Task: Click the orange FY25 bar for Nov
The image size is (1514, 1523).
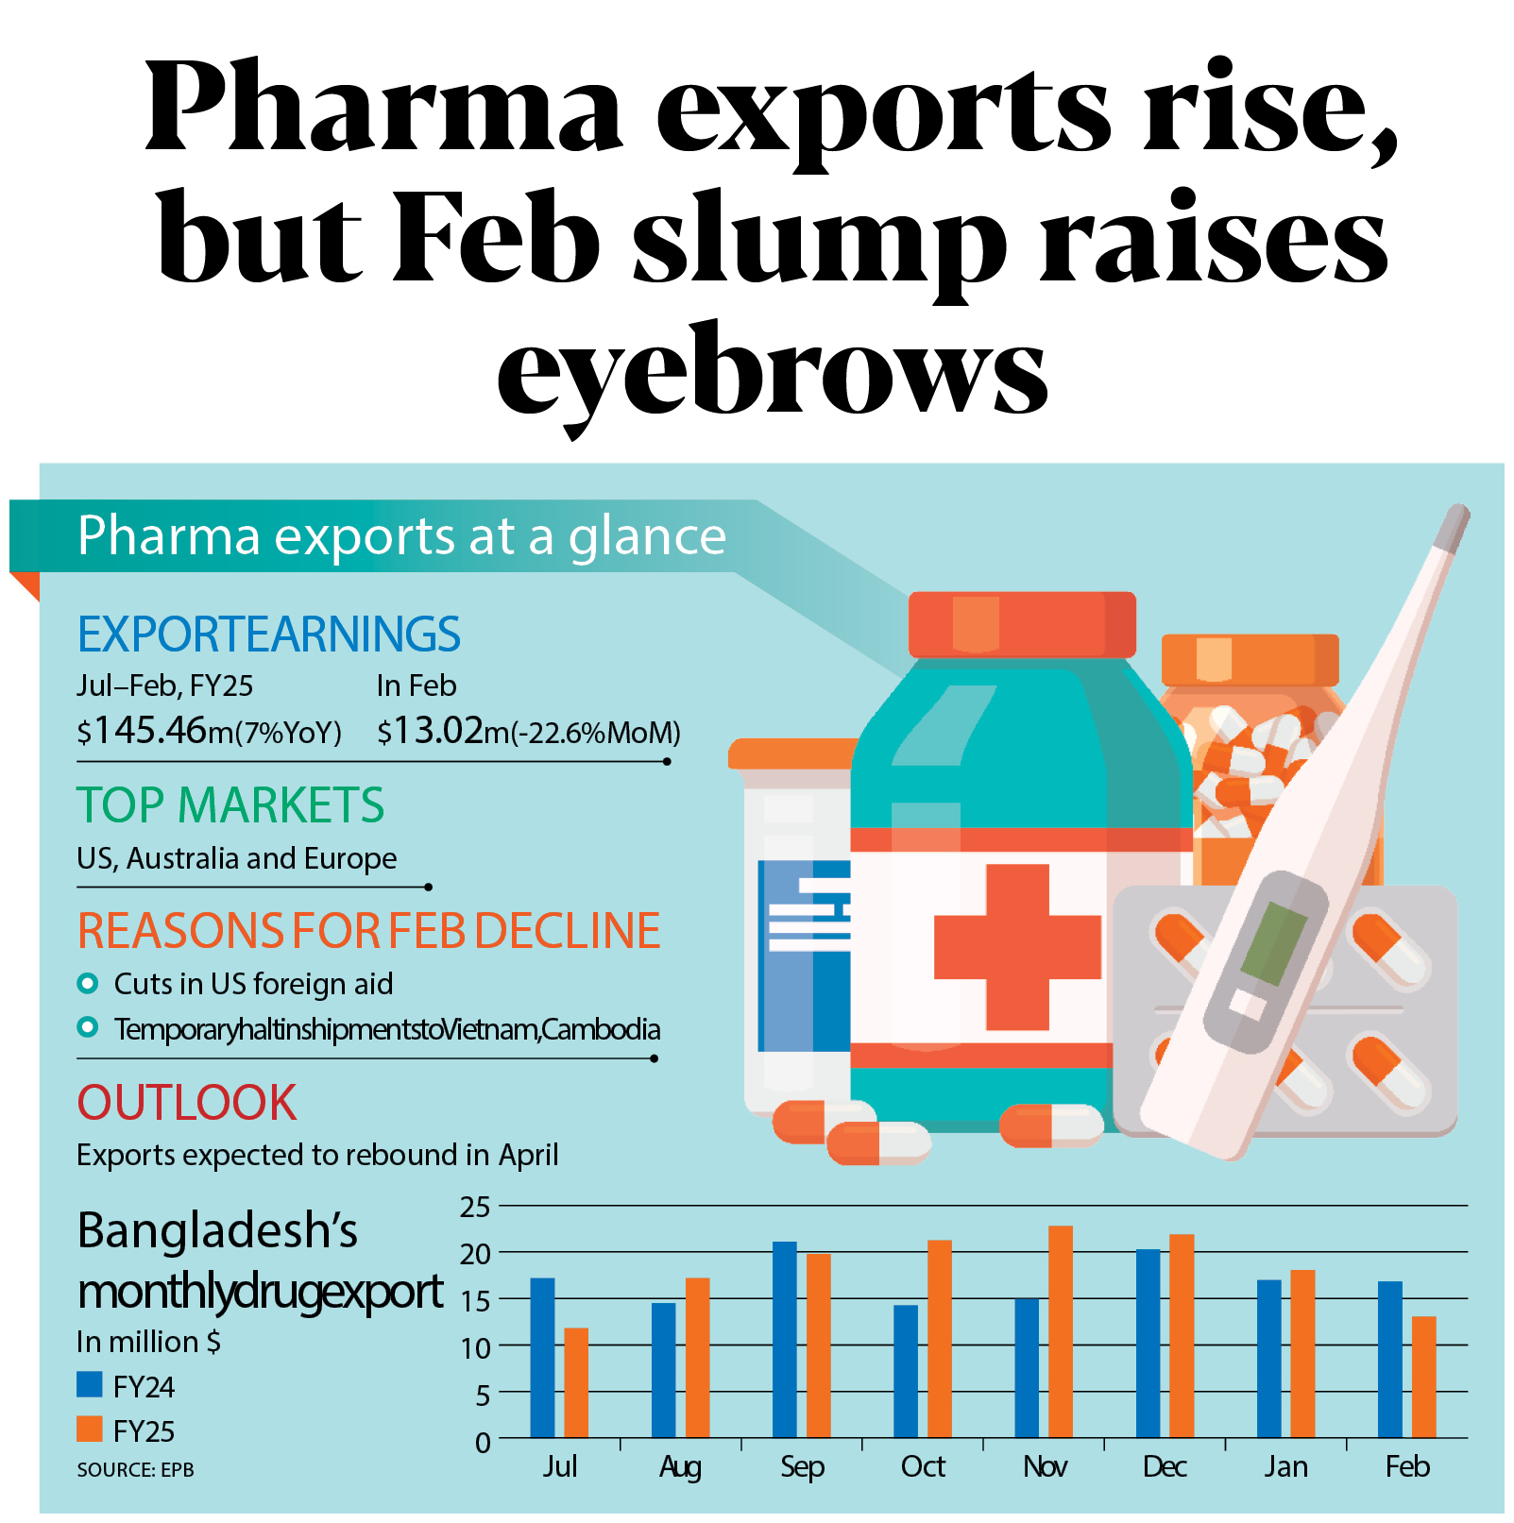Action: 1060,1331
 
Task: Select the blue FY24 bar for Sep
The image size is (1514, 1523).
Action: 784,1339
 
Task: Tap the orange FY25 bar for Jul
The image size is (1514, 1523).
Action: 576,1382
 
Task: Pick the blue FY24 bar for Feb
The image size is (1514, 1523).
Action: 1389,1359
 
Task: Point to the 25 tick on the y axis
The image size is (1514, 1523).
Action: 475,1207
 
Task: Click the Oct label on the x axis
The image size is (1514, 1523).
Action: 923,1466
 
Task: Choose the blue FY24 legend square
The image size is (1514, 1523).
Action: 90,1384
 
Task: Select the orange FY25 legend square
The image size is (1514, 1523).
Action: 90,1429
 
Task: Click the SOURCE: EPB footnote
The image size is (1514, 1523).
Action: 135,1470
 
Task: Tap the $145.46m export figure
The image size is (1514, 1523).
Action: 208,731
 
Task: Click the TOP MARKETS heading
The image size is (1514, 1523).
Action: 230,805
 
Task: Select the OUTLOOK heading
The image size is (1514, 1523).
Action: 187,1102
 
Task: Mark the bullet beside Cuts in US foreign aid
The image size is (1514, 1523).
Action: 88,984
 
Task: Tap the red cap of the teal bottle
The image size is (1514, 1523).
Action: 1022,624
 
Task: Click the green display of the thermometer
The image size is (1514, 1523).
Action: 1273,942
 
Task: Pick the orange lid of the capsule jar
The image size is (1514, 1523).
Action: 1249,659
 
